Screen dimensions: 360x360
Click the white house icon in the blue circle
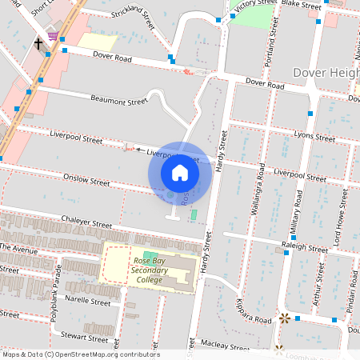[180, 173]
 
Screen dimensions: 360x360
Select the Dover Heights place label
[326, 73]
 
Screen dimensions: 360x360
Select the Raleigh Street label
[305, 249]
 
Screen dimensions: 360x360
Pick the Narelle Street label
[89, 303]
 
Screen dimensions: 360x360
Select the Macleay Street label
[226, 347]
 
